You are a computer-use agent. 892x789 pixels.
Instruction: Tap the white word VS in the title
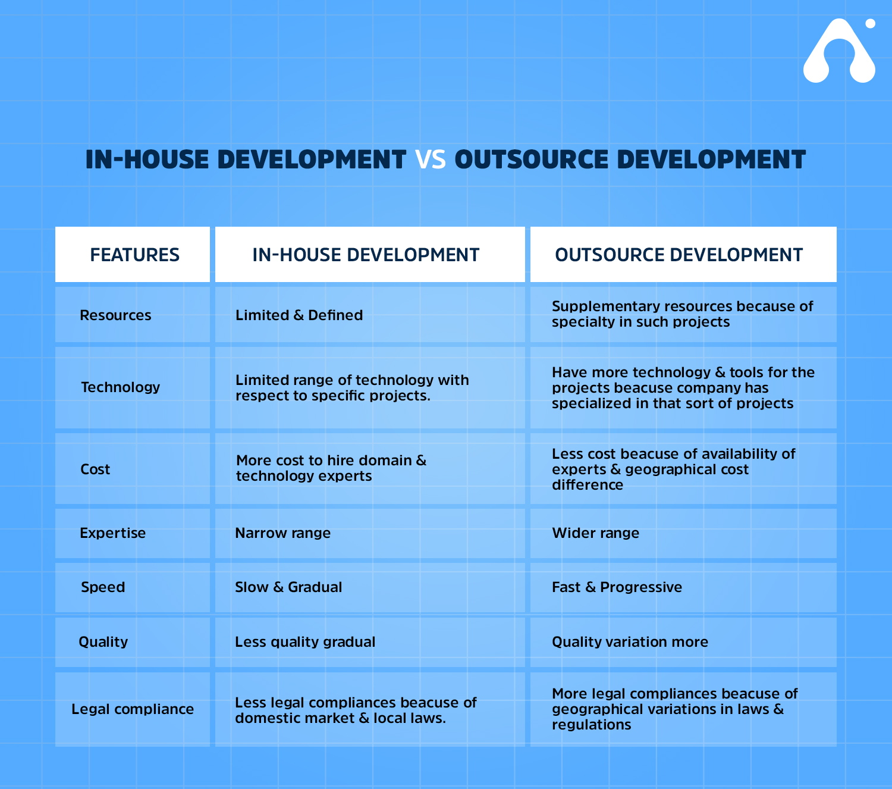pos(430,159)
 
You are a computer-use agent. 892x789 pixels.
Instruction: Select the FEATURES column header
pos(135,255)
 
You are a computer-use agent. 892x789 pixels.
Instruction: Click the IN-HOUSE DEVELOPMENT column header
pos(366,255)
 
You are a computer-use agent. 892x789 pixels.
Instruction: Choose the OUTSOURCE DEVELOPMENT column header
pos(679,255)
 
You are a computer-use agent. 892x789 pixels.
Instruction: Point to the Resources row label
pos(115,315)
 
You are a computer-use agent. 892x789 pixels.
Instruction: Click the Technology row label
pos(120,387)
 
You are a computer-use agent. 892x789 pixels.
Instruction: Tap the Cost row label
pos(95,469)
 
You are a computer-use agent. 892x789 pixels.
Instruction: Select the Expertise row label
pos(113,533)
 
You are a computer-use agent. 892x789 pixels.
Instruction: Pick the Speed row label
pos(103,587)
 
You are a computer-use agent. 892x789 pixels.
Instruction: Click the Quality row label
pos(103,642)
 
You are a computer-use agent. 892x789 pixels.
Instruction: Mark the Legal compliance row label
pos(133,709)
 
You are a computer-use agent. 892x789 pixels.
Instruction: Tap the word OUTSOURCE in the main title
pos(532,159)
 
